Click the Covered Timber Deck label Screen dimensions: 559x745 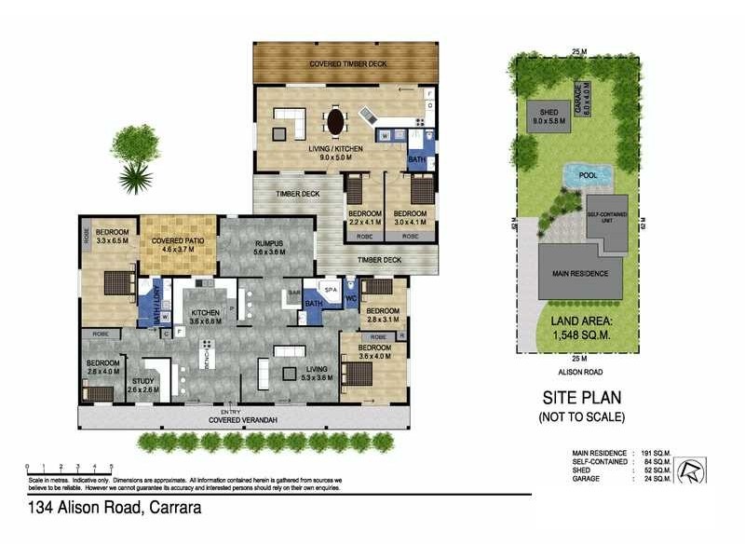(x=345, y=64)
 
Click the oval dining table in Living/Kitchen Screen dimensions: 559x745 (x=334, y=121)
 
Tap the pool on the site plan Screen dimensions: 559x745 (x=587, y=175)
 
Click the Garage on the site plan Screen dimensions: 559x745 (x=590, y=98)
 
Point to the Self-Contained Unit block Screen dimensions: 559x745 (x=607, y=222)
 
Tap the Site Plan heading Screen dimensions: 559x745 (x=579, y=395)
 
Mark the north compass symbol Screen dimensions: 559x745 (x=691, y=470)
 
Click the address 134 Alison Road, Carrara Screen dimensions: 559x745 (x=114, y=508)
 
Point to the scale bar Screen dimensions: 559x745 (x=69, y=467)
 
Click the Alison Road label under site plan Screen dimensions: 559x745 (x=579, y=371)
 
